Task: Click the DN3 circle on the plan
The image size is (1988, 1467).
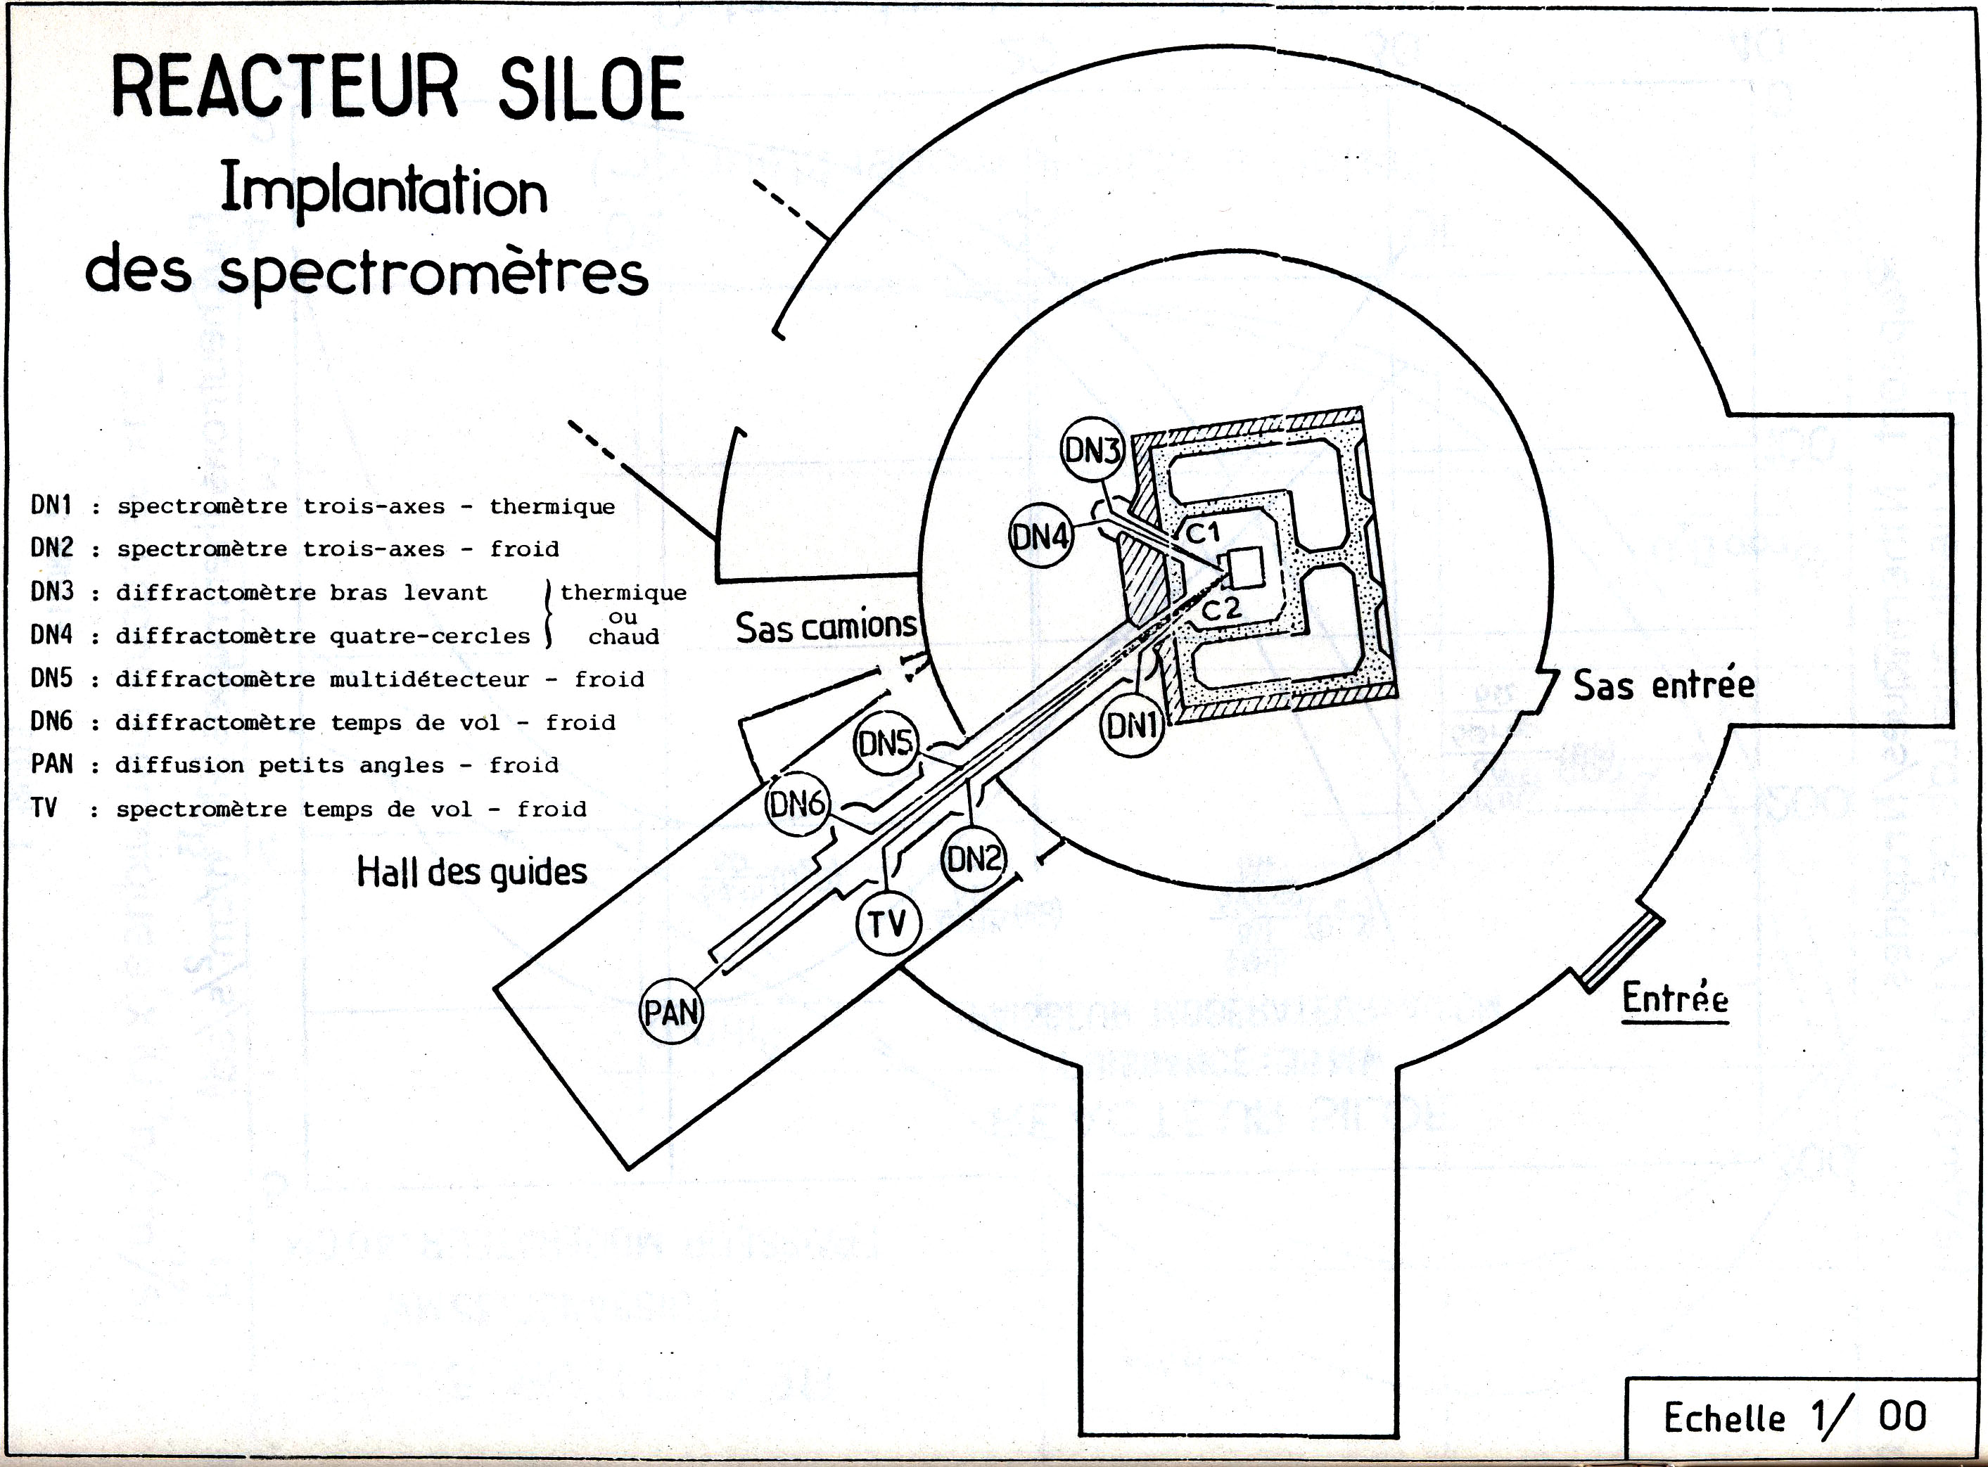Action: click(1092, 450)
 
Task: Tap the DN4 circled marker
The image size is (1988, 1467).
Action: click(1041, 537)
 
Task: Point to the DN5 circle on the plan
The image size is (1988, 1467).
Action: click(886, 743)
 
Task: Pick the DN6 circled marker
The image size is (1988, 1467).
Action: click(797, 805)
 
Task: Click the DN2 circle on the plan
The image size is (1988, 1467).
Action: click(974, 859)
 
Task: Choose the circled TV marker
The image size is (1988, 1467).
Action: click(888, 923)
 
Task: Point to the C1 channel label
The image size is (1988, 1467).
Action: click(1204, 533)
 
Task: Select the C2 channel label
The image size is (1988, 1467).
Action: click(1221, 609)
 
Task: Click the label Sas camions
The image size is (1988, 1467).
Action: click(825, 627)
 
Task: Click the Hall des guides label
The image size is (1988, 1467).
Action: click(472, 871)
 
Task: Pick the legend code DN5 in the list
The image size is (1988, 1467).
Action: click(51, 679)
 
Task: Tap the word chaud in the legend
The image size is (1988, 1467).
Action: click(623, 636)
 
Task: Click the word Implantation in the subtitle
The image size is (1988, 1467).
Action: click(384, 191)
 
